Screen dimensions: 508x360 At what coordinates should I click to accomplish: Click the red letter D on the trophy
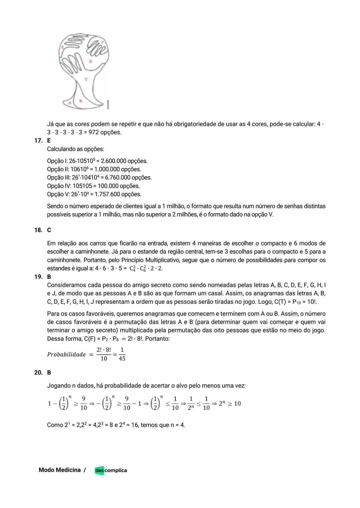(90, 61)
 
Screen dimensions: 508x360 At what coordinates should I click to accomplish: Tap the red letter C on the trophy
(86, 79)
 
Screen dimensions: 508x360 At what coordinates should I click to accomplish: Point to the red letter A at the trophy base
(70, 103)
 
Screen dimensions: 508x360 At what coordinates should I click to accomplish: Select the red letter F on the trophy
(102, 42)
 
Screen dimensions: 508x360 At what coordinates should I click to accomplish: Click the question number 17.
(38, 141)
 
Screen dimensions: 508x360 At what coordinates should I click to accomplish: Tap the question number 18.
(38, 230)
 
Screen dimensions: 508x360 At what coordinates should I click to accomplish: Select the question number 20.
(38, 372)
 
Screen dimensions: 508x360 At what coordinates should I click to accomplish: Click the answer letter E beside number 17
(49, 141)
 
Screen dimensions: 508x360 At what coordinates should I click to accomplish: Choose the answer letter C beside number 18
(49, 230)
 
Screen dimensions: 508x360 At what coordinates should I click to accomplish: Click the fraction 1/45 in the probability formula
(122, 354)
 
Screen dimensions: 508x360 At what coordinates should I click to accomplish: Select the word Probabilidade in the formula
(66, 354)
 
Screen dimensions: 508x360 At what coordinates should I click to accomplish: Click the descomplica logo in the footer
(111, 470)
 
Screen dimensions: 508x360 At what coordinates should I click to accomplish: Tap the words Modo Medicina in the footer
(60, 470)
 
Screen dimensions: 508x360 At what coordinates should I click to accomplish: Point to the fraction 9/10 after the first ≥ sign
(83, 403)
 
